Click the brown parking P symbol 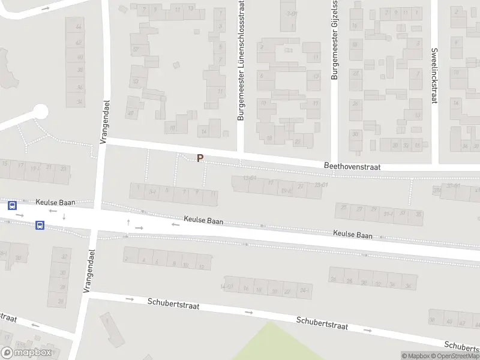(x=200, y=158)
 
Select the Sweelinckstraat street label (x=434, y=76)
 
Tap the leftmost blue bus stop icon (x=12, y=205)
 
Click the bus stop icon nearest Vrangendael (x=40, y=226)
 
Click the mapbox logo (x=26, y=353)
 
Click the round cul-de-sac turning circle (x=40, y=112)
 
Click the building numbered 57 (x=136, y=49)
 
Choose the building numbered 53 (x=136, y=81)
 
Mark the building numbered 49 (x=131, y=112)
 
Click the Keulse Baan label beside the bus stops (x=55, y=202)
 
